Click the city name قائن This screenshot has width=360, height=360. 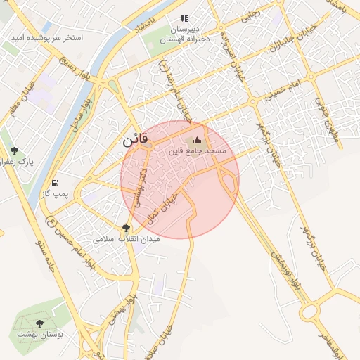[x=135, y=140]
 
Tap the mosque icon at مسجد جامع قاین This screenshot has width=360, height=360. [x=197, y=139]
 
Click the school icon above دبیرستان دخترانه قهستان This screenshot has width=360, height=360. [x=184, y=19]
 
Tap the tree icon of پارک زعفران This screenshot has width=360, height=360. [x=14, y=150]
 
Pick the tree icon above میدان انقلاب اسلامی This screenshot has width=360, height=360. [x=126, y=227]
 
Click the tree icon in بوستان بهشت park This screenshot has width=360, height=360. [x=40, y=323]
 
